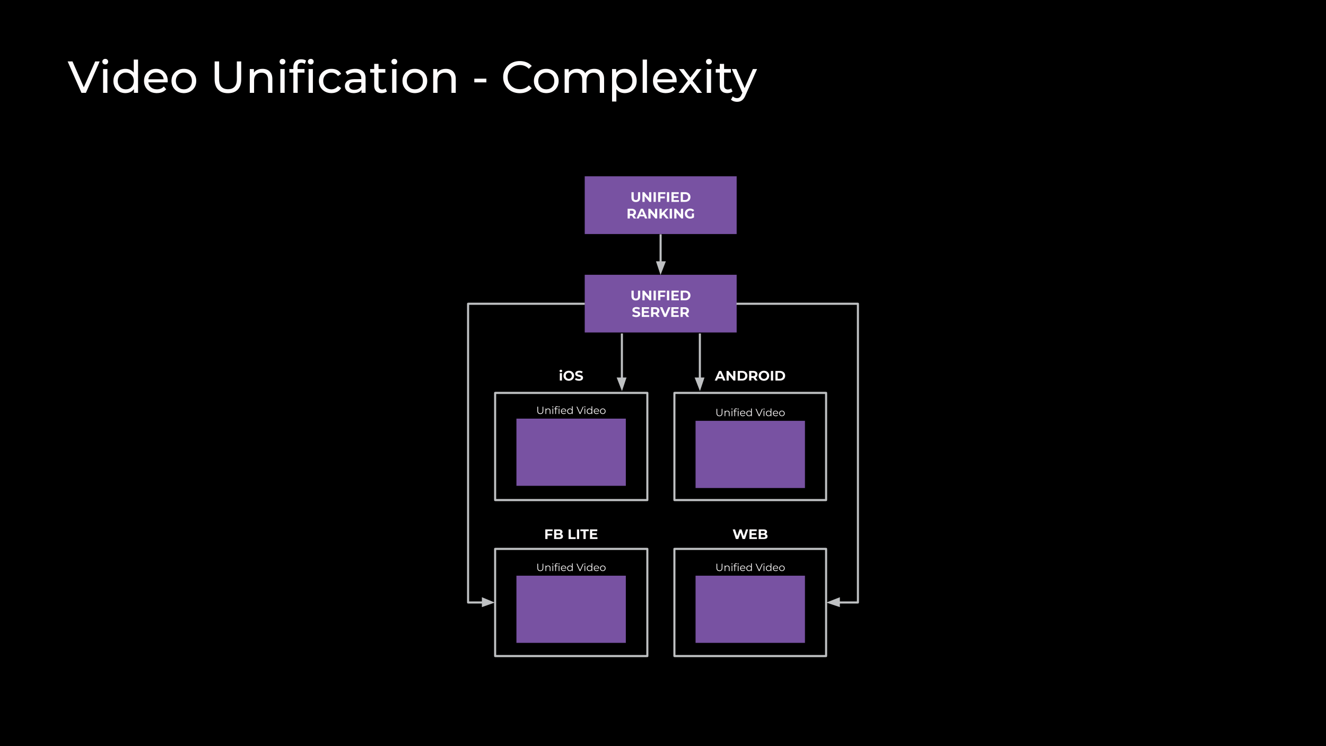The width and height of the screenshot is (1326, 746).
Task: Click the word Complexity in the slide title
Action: [x=629, y=79]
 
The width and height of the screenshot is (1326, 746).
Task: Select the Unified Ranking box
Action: [x=660, y=205]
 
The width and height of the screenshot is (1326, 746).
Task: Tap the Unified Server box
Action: [x=660, y=303]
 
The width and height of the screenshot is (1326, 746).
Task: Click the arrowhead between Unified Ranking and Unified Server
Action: [x=660, y=267]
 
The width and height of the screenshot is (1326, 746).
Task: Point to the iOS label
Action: [x=571, y=376]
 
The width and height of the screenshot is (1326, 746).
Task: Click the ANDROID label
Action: [x=749, y=376]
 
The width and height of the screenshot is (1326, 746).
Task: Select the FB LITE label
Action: [x=571, y=534]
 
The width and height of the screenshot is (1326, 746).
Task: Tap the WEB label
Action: [x=750, y=534]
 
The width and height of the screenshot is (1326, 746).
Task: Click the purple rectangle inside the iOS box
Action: [x=571, y=452]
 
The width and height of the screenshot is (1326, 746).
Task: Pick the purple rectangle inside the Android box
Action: [x=750, y=454]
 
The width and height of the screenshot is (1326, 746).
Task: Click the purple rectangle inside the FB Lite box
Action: [x=571, y=609]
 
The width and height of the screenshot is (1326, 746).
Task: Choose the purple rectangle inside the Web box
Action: [x=750, y=609]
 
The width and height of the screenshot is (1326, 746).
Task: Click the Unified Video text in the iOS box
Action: [x=571, y=410]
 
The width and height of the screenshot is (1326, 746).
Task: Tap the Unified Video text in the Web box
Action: [x=750, y=567]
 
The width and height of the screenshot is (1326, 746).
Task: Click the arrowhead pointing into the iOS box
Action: [x=622, y=384]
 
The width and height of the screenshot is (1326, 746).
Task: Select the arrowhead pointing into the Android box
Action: [x=700, y=384]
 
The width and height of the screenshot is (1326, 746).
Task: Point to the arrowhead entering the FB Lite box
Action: [x=487, y=602]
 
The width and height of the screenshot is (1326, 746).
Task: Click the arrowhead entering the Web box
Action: [x=834, y=602]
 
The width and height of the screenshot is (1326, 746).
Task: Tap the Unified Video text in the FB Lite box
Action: [x=571, y=567]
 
